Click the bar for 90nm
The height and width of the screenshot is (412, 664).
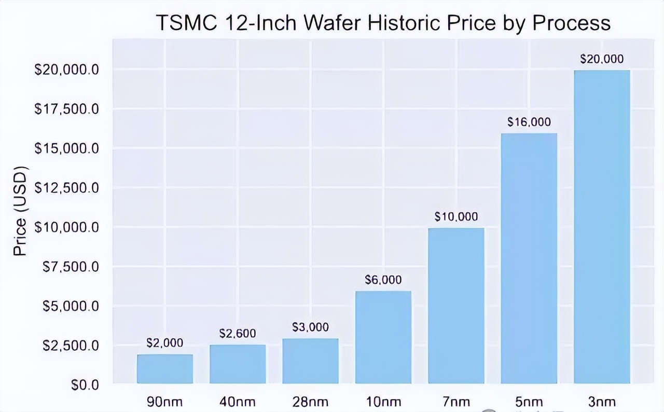[x=165, y=369]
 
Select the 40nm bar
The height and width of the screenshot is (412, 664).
[x=238, y=364]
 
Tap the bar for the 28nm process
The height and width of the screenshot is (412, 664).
[x=310, y=361]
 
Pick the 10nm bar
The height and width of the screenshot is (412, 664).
[x=383, y=337]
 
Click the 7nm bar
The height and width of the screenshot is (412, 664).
[x=456, y=306]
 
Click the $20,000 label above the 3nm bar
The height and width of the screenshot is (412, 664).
[x=602, y=59]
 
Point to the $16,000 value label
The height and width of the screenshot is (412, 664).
[x=529, y=122]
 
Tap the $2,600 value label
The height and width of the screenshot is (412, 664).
[x=238, y=333]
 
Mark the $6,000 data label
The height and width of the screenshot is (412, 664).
[x=383, y=280]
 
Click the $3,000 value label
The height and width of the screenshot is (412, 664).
[x=310, y=327]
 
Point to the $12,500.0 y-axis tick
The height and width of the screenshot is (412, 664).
[x=66, y=188]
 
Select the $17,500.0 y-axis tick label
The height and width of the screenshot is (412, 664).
[x=66, y=109]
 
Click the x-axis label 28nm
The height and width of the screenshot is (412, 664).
[x=310, y=402]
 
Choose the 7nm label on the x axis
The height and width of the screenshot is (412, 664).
[x=456, y=402]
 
